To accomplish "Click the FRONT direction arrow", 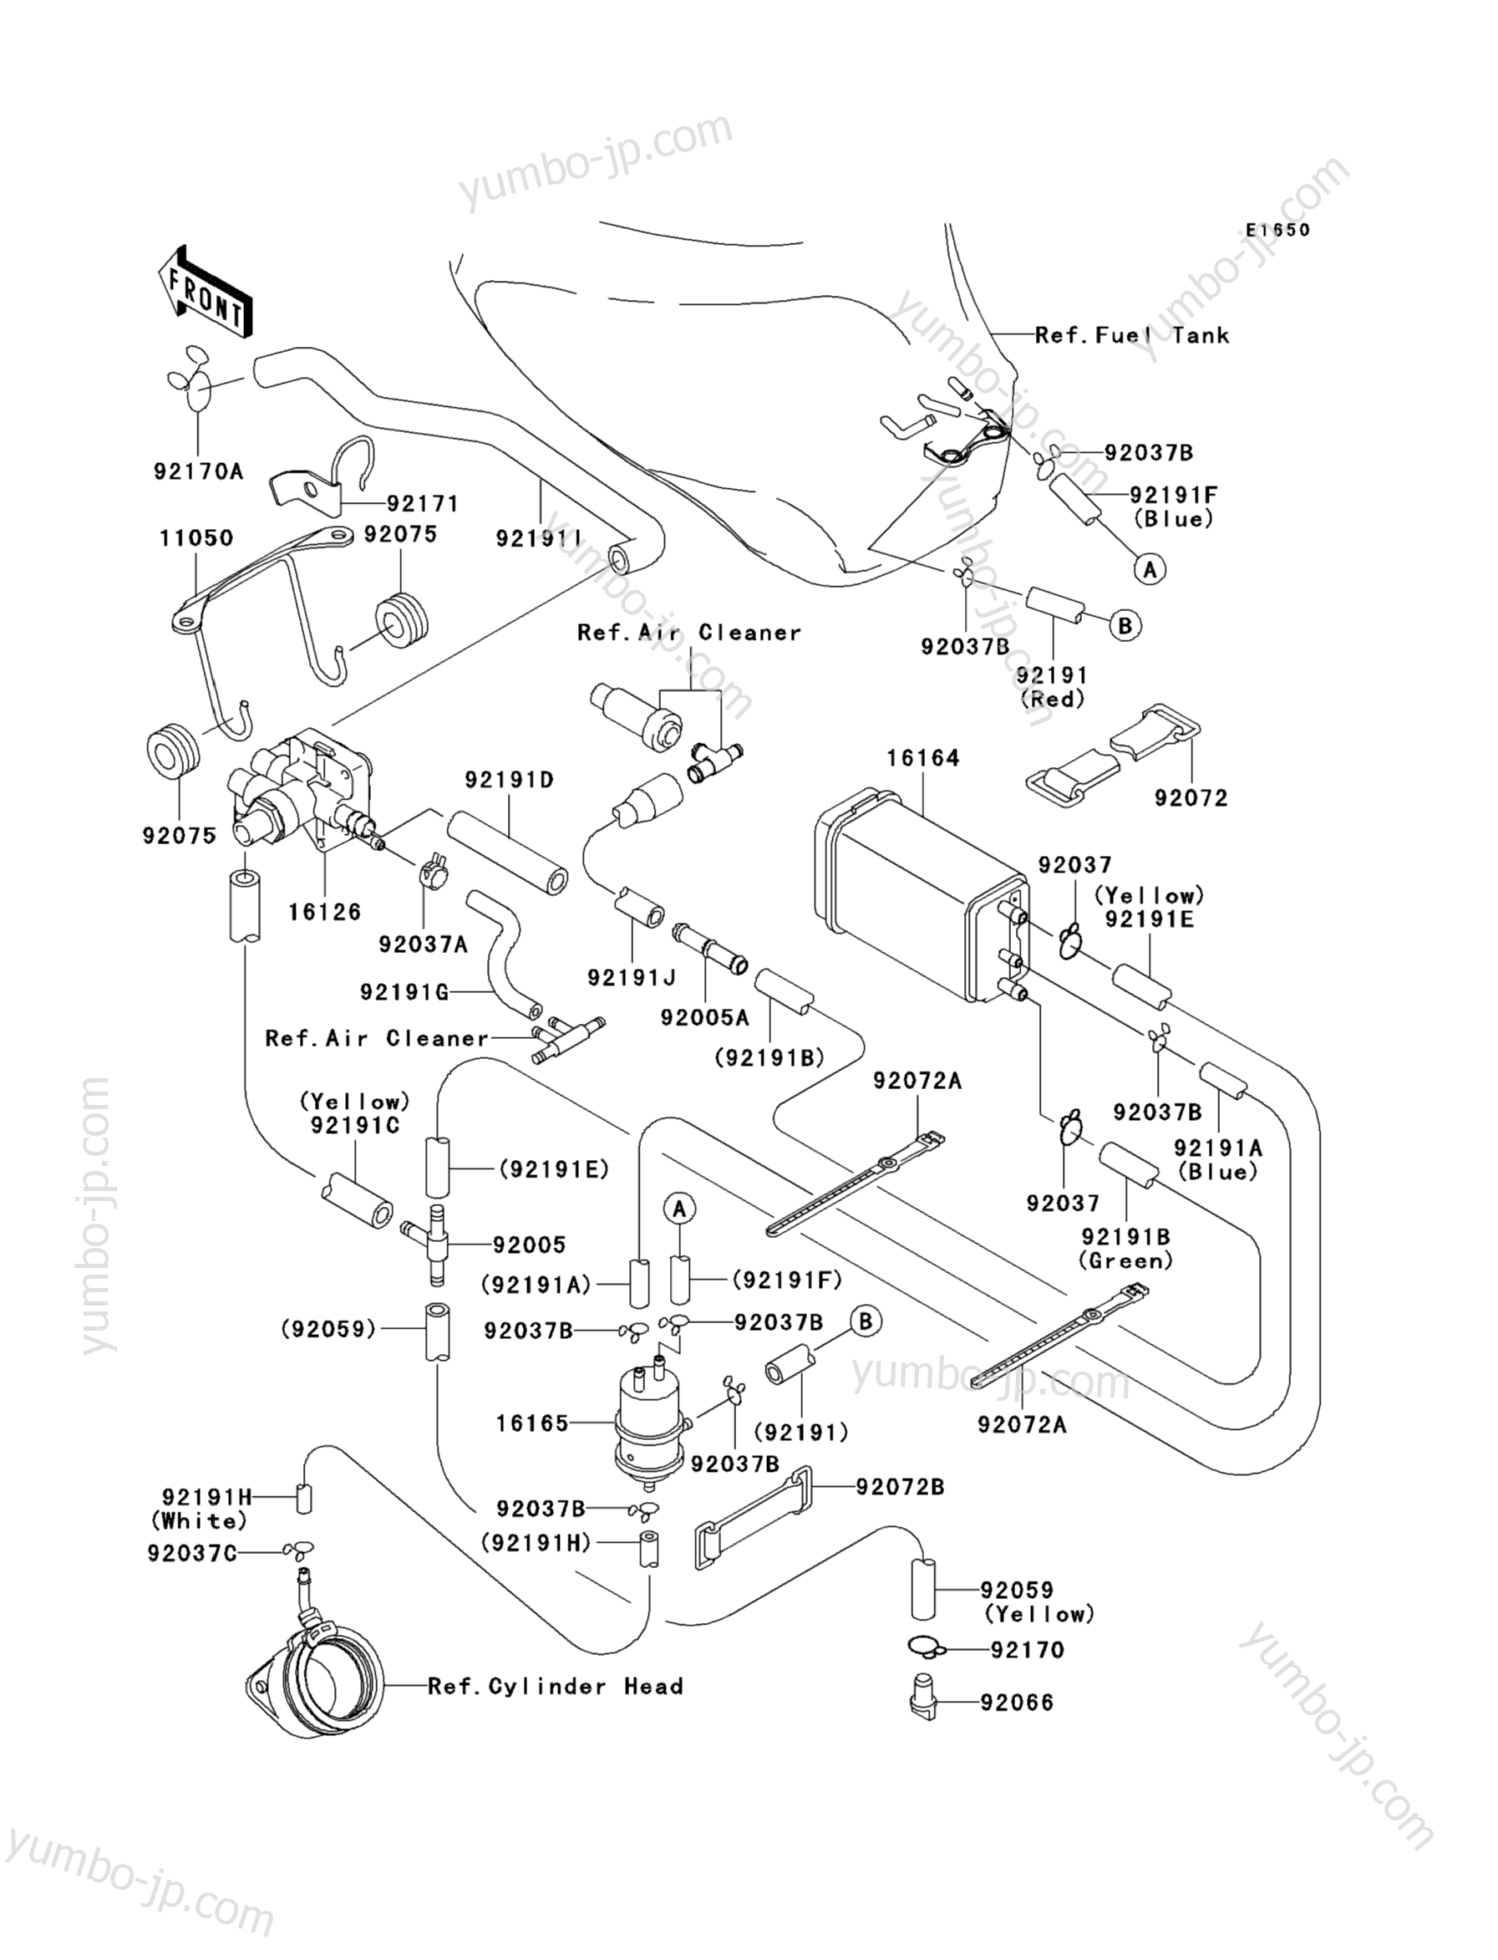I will tap(203, 292).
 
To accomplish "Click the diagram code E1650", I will tap(1277, 230).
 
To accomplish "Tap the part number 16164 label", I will tap(923, 758).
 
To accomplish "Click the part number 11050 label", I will tap(196, 538).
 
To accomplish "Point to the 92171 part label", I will tap(424, 504).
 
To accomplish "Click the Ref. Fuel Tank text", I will tap(1131, 336).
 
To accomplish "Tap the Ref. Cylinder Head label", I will tap(556, 1686).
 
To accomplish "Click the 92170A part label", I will tap(198, 471).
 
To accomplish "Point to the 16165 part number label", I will tap(532, 1424).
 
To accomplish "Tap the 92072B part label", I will tap(901, 1487).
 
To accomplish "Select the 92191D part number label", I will tap(509, 780).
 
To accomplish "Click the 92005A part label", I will tap(704, 1018).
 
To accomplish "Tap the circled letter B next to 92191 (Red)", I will tap(1125, 626).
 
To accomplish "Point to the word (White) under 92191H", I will tap(199, 1520).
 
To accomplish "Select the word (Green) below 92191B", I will tap(1125, 1260).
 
